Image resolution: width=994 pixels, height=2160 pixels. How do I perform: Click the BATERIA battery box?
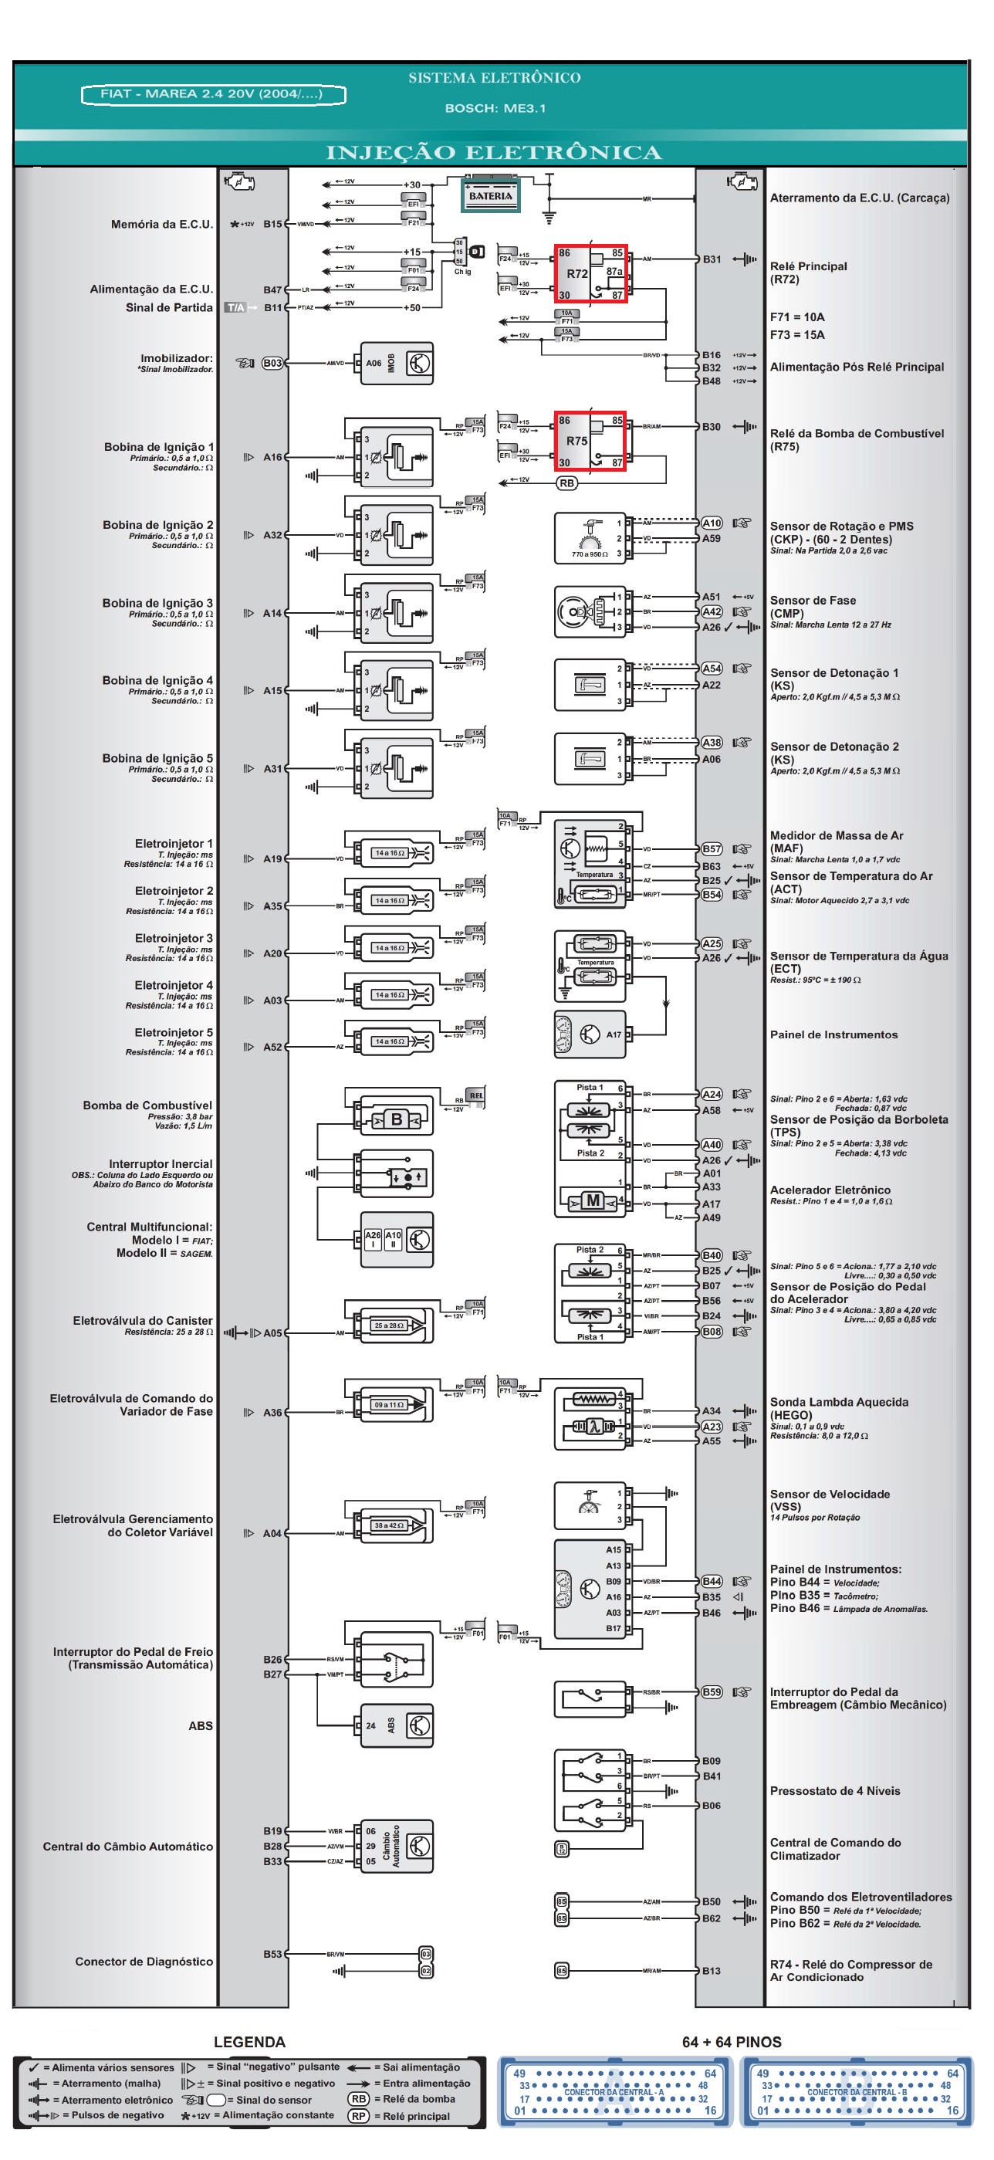(x=490, y=195)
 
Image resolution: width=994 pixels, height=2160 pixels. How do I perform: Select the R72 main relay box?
(x=590, y=273)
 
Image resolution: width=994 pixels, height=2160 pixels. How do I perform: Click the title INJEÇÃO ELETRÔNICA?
(x=494, y=153)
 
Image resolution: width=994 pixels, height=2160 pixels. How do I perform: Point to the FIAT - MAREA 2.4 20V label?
(x=213, y=94)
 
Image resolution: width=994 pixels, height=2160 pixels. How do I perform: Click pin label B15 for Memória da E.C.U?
(x=272, y=224)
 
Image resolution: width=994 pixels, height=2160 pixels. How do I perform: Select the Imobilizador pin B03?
(x=272, y=363)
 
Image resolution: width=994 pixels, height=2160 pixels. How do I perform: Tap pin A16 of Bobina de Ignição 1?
(x=272, y=457)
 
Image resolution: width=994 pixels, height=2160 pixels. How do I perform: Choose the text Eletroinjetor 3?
(x=174, y=937)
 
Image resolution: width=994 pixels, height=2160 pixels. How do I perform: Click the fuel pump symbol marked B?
(x=396, y=1119)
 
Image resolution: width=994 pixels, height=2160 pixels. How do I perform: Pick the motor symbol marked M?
(x=593, y=1200)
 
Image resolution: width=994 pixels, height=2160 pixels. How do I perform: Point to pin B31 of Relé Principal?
(x=712, y=259)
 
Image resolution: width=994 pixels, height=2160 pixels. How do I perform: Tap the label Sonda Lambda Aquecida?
(x=839, y=1402)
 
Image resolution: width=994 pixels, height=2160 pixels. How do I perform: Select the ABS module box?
(x=397, y=1725)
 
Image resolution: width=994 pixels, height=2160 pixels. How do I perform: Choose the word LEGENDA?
(x=250, y=2042)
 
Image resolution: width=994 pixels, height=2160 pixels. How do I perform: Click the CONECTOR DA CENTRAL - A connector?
(x=614, y=2091)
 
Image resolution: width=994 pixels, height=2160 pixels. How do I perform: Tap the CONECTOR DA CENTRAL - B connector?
(x=857, y=2091)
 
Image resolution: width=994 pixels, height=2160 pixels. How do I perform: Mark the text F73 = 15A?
(x=797, y=334)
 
